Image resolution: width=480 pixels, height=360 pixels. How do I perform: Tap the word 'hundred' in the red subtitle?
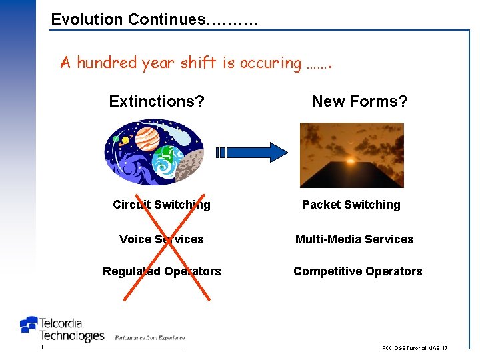pos(107,63)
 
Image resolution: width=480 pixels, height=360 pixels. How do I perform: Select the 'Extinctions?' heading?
pos(157,101)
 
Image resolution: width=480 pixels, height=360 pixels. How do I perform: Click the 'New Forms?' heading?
pos(360,101)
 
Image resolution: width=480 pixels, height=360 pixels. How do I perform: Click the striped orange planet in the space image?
pos(148,139)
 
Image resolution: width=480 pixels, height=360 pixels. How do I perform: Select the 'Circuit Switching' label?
pos(161,205)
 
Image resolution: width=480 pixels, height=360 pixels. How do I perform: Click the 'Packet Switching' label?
pos(351,205)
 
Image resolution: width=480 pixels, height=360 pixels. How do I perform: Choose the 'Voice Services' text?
pos(161,239)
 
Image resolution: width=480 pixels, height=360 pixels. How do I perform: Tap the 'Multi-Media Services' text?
pos(355,239)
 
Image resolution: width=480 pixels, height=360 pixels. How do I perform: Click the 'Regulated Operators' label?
pos(161,271)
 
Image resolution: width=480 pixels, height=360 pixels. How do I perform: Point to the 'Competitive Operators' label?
pos(358,271)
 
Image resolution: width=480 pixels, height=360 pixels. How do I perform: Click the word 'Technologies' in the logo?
pos(72,335)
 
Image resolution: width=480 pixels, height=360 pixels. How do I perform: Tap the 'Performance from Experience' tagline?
pos(149,338)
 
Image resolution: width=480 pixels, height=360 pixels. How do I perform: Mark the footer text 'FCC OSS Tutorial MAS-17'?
pos(415,348)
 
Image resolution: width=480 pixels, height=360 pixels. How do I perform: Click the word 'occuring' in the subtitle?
pos(271,63)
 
